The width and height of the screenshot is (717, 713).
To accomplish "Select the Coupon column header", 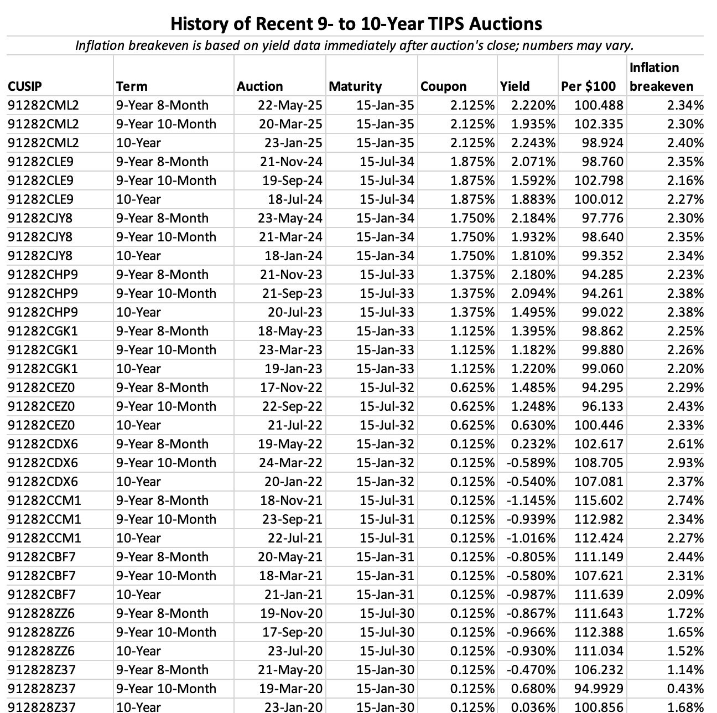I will (x=443, y=86).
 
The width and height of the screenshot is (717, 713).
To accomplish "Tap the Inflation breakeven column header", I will (x=661, y=77).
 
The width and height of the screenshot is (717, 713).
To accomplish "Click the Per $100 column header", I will (x=588, y=86).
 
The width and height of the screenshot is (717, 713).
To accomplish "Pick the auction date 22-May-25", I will (x=290, y=105).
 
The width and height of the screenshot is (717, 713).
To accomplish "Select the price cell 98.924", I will (x=602, y=143).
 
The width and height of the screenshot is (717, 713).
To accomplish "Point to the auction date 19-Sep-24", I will (x=292, y=180).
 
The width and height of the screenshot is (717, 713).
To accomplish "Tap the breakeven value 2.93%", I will (x=685, y=463).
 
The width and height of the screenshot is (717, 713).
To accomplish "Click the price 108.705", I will (x=599, y=463).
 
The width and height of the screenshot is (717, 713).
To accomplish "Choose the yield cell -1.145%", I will (x=531, y=500).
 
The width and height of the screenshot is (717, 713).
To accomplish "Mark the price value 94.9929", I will (x=599, y=689).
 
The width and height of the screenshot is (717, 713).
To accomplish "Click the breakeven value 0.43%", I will (x=685, y=689).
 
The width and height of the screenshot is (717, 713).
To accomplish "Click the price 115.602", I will (x=599, y=500).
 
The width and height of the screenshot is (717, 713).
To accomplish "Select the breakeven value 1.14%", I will (x=685, y=670).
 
